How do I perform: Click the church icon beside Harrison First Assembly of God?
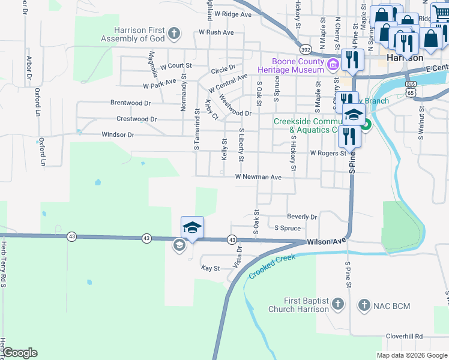[174, 33]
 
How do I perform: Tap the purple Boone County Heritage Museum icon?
[333, 62]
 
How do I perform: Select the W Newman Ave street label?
[258, 177]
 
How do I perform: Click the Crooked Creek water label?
[273, 266]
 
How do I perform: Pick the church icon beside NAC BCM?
[364, 306]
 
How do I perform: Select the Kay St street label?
[211, 268]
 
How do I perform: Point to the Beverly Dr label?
[301, 217]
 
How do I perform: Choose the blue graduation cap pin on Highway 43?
[192, 228]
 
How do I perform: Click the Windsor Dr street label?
[118, 134]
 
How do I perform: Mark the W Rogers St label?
[328, 153]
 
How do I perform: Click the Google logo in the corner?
[20, 353]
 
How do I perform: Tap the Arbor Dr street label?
[28, 68]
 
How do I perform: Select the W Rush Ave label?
[216, 32]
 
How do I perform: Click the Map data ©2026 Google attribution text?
[412, 355]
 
